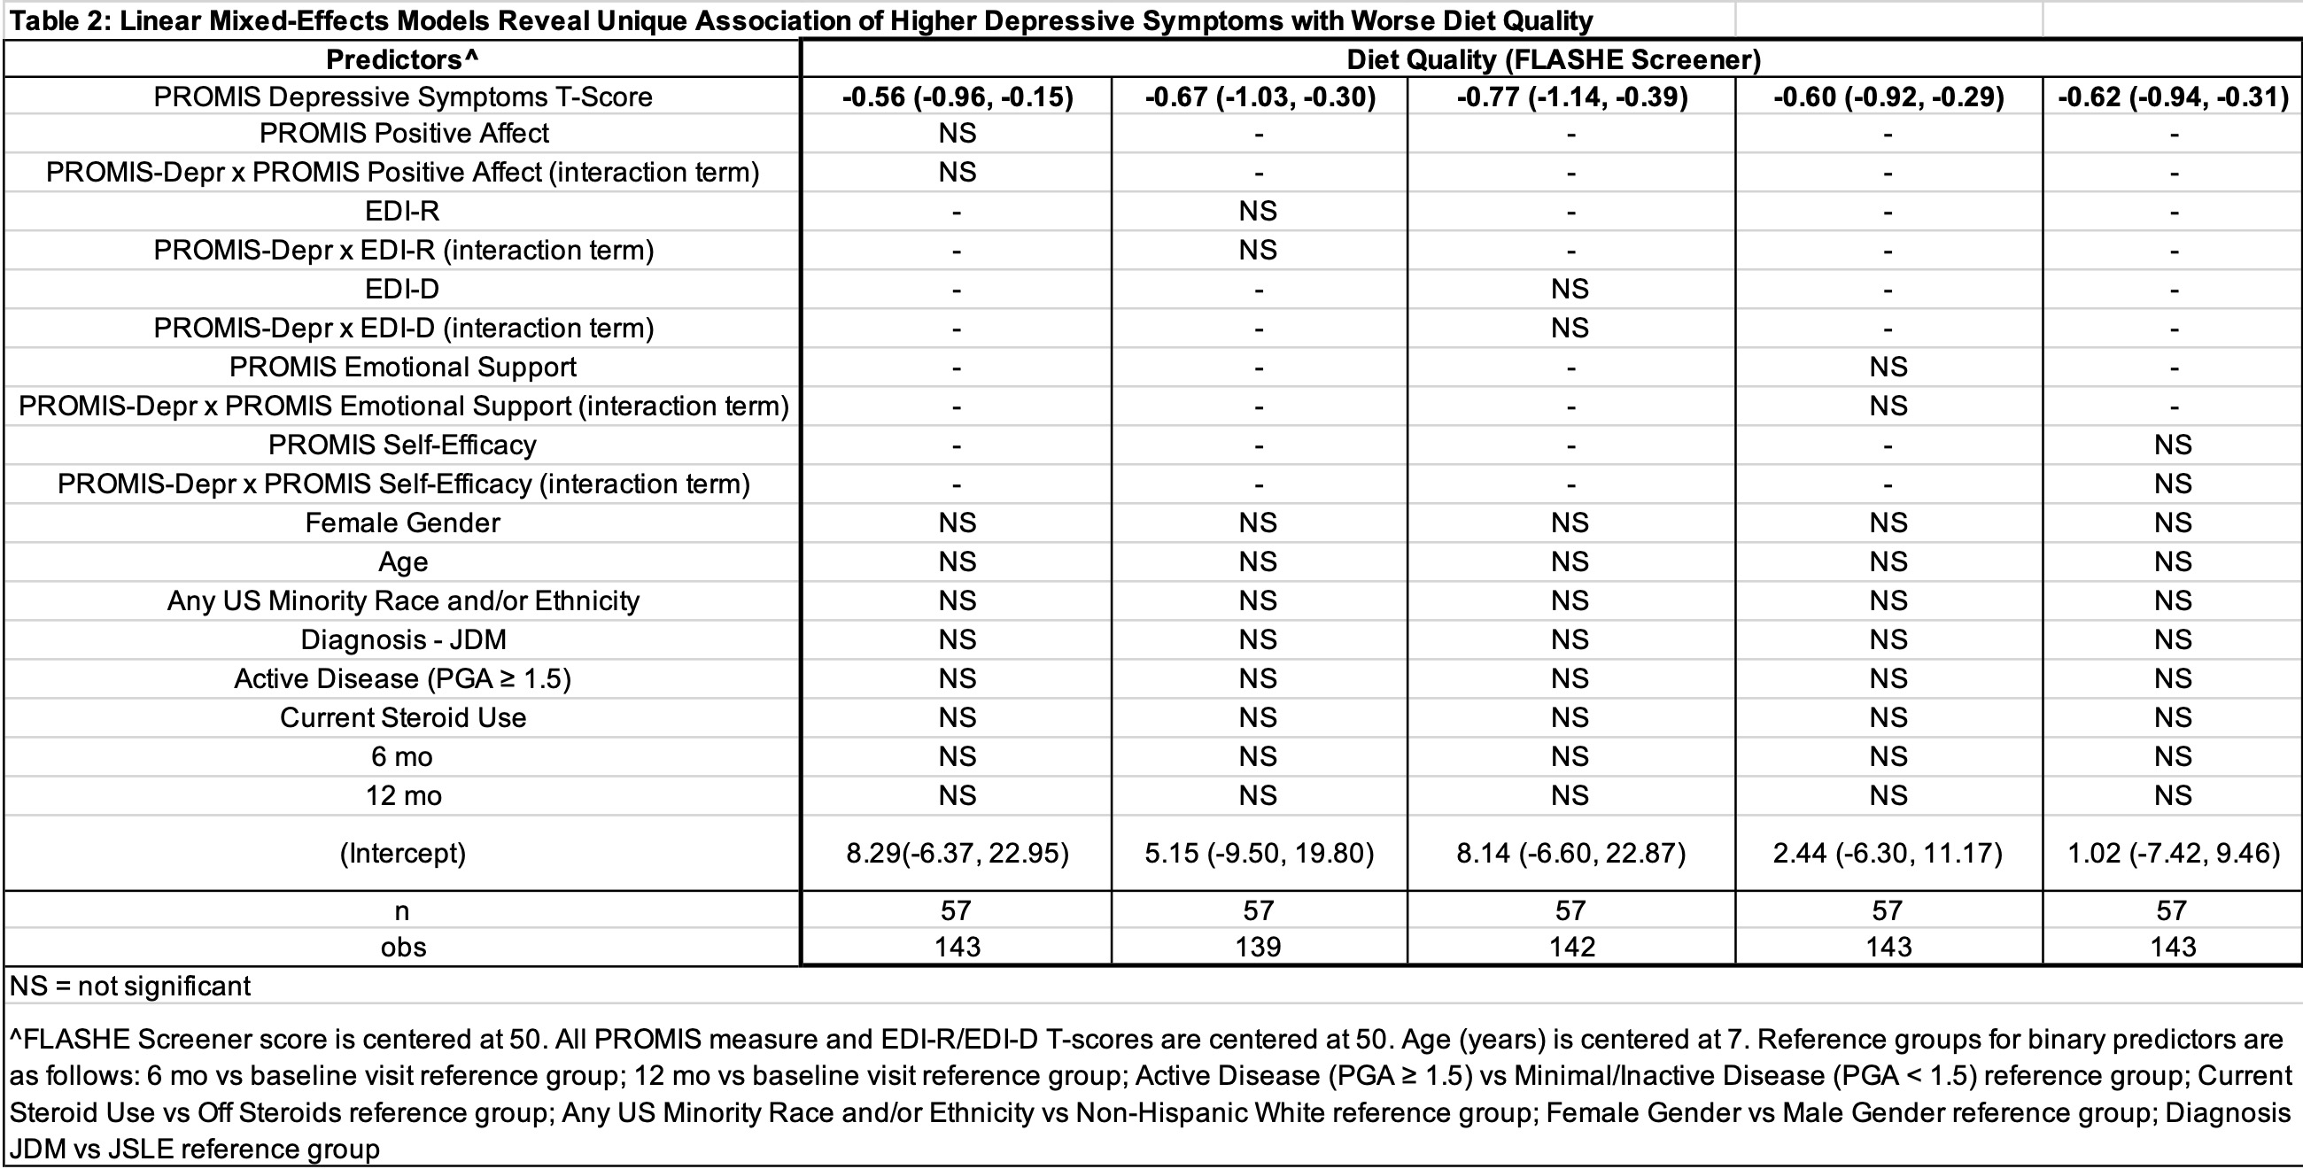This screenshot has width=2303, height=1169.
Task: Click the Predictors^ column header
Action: (402, 60)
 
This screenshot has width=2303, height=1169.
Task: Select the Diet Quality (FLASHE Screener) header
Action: (1553, 60)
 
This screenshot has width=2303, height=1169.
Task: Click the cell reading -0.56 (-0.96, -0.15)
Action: (957, 97)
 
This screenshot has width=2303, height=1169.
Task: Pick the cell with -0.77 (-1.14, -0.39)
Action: (1571, 97)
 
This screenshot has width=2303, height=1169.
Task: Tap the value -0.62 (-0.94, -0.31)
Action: (2173, 97)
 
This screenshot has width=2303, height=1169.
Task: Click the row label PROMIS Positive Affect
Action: (403, 133)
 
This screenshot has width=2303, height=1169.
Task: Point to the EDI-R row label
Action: (402, 211)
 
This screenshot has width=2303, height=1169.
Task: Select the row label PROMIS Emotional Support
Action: (402, 368)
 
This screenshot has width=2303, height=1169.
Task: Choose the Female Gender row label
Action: (402, 523)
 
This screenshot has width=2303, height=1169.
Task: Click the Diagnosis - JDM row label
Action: (403, 640)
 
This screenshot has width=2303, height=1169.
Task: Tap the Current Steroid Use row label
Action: (402, 717)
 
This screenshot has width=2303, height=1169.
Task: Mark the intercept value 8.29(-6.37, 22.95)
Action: (957, 854)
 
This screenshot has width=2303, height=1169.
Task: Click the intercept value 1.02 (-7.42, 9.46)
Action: (2173, 854)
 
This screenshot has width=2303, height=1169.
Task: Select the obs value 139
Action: (1258, 948)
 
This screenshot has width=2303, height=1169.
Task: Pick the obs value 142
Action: (1571, 948)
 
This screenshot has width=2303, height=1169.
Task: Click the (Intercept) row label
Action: (402, 854)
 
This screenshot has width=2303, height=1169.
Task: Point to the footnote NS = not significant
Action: (129, 987)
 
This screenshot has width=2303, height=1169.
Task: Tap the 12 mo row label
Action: (403, 796)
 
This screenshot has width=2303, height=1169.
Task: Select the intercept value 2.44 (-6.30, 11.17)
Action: (1888, 854)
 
